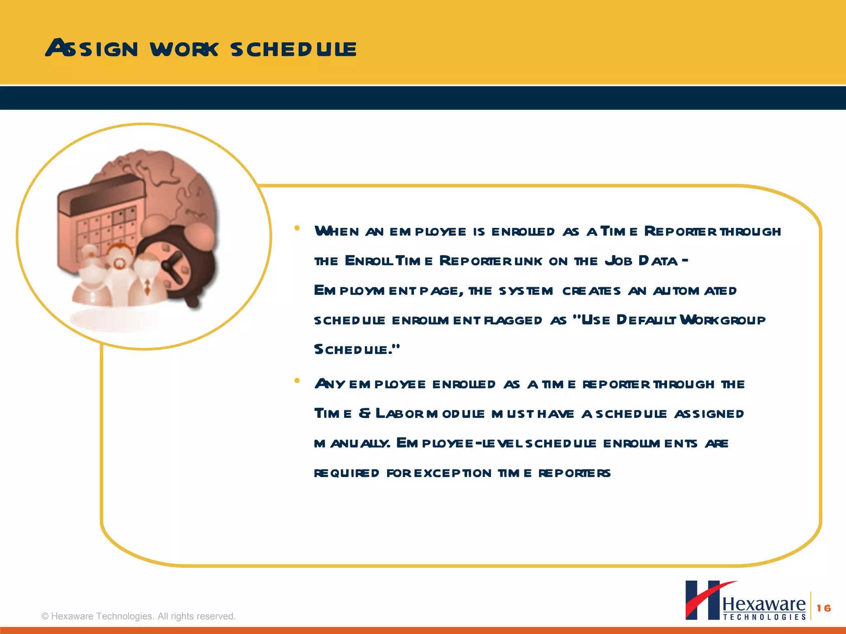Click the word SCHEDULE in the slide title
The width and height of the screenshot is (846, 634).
tap(293, 49)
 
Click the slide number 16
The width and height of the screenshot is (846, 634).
tap(824, 608)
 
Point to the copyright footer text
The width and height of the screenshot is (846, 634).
tap(138, 616)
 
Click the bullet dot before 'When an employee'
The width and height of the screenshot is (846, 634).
tap(297, 228)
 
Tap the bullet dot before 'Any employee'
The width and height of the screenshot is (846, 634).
tap(297, 381)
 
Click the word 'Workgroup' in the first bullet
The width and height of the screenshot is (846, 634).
tap(722, 320)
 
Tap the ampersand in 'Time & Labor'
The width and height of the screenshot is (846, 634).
tap(364, 414)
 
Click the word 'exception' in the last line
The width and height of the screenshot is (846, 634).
tap(453, 473)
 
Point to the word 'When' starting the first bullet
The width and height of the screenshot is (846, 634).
tap(337, 231)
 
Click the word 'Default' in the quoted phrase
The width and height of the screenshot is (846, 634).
tap(646, 320)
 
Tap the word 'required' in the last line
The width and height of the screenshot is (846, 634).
tap(347, 473)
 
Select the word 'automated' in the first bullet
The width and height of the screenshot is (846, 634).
tap(694, 291)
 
